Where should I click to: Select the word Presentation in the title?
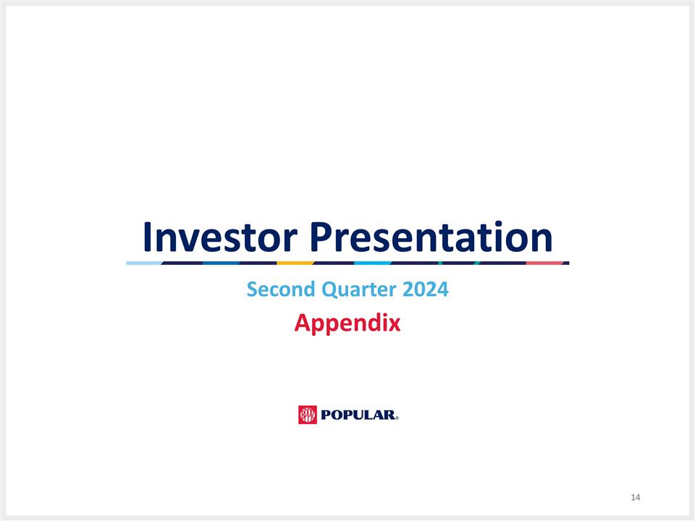click(x=431, y=237)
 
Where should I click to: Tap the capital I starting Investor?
click(x=147, y=237)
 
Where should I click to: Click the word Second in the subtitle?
click(x=275, y=289)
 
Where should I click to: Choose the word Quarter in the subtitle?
click(x=352, y=290)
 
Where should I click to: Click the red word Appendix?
click(x=347, y=323)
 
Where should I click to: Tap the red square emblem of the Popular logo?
click(x=308, y=415)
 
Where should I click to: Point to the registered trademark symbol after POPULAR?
click(x=397, y=418)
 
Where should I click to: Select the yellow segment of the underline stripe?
click(x=295, y=263)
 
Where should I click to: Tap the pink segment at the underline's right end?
click(x=544, y=263)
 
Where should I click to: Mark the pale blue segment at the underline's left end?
click(x=143, y=263)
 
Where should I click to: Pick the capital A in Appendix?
click(x=302, y=323)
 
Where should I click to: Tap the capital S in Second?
click(x=252, y=289)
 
